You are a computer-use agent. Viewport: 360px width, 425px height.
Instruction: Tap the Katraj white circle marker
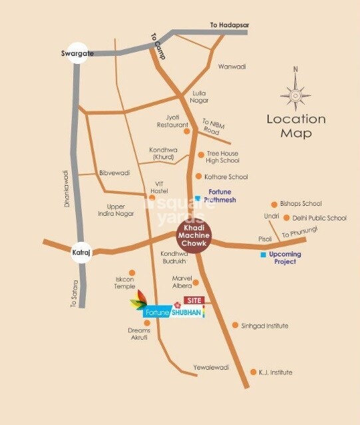(81, 252)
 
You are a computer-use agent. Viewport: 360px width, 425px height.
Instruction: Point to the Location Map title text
(296, 126)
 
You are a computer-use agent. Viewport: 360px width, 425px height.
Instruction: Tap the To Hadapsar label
(230, 25)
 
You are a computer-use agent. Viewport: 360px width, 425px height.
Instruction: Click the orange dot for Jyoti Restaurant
(187, 131)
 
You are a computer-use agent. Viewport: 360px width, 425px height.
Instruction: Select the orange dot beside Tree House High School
(201, 155)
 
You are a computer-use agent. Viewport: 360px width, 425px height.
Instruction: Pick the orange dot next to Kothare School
(198, 177)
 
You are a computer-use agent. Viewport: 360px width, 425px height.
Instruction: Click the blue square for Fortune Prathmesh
(198, 198)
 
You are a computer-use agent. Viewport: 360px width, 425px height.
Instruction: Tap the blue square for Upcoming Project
(264, 255)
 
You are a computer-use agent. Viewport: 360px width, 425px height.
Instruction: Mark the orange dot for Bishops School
(273, 204)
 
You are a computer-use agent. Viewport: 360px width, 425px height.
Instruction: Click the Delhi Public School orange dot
(286, 218)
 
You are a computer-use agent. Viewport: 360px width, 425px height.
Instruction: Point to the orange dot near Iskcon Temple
(132, 272)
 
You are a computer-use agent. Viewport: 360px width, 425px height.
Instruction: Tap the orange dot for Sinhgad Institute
(235, 325)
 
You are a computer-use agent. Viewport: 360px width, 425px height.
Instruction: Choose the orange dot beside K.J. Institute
(253, 372)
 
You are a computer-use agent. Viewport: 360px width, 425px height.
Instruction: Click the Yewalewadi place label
(211, 367)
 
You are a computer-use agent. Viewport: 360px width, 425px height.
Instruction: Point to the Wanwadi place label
(232, 67)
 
